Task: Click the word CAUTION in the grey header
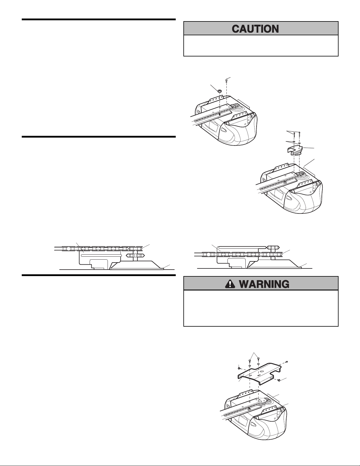(x=255, y=29)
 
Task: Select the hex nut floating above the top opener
(x=220, y=91)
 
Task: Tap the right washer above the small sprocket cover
(x=299, y=143)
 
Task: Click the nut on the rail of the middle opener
(x=285, y=182)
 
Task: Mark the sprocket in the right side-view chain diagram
(x=273, y=247)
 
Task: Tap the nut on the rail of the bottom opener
(x=250, y=409)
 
